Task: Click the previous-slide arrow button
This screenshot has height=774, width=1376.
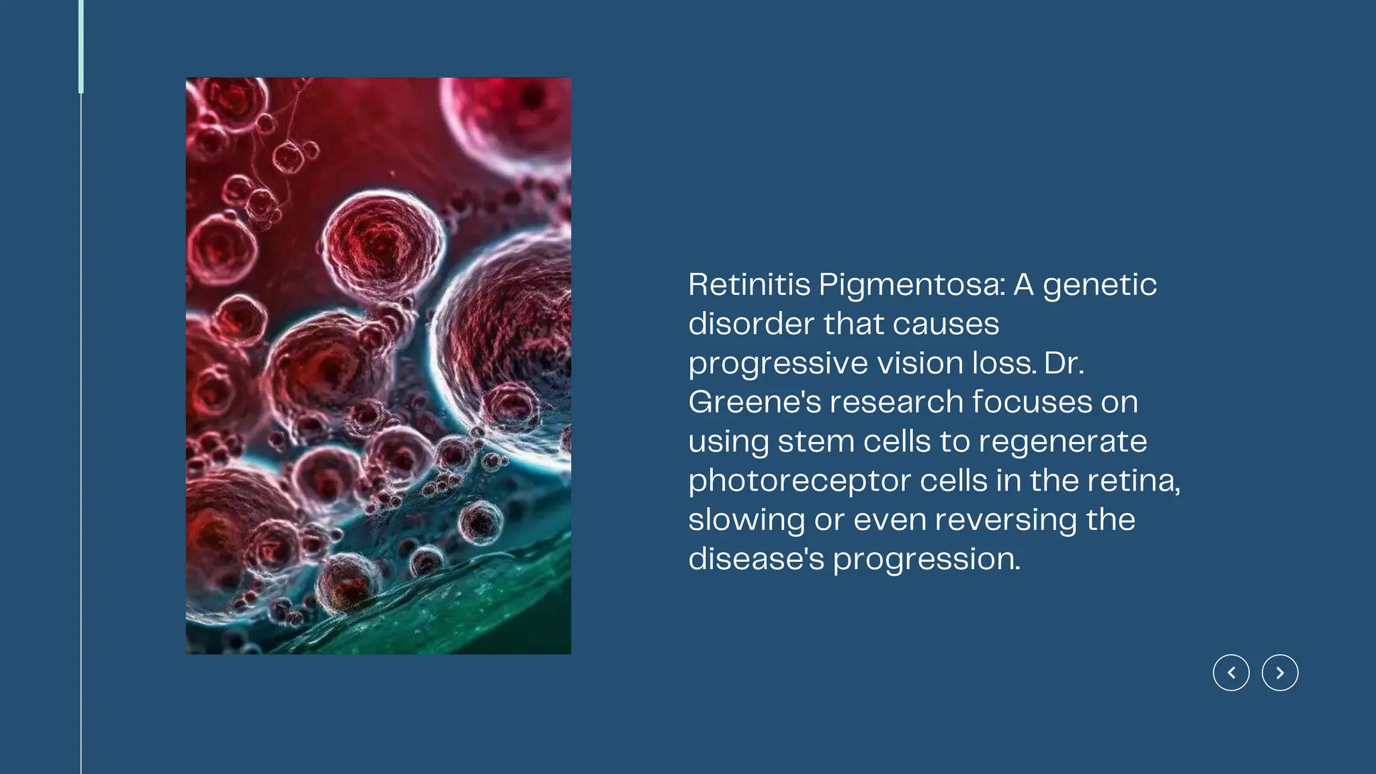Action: point(1231,673)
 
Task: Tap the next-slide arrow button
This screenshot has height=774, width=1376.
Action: point(1280,673)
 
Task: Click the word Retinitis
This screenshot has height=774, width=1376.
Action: point(749,284)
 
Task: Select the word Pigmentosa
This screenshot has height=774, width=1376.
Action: point(912,286)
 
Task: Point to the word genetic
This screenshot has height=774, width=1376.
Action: point(1100,286)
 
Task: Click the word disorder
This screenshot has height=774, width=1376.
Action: point(752,324)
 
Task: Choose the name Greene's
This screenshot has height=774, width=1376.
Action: point(755,402)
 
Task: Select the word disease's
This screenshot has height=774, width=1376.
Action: point(756,559)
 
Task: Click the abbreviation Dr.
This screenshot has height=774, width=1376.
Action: point(1064,363)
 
